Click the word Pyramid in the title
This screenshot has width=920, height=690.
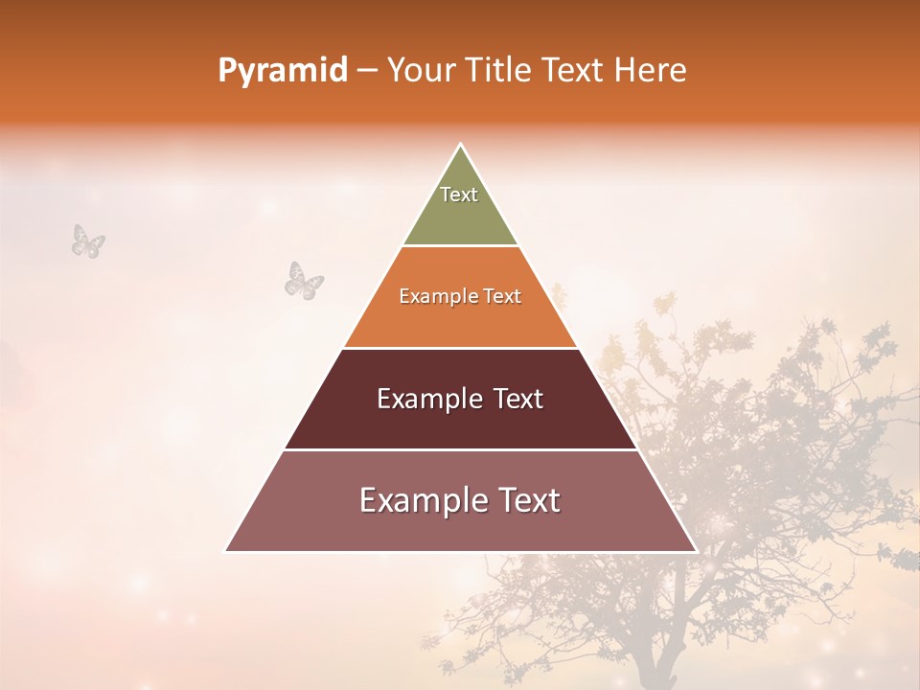coord(282,71)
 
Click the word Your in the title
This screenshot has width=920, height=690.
coord(422,71)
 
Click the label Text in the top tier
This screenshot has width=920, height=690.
coord(459,195)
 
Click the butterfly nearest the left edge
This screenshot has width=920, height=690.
coord(88,241)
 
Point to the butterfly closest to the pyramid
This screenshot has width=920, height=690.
coord(304,280)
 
